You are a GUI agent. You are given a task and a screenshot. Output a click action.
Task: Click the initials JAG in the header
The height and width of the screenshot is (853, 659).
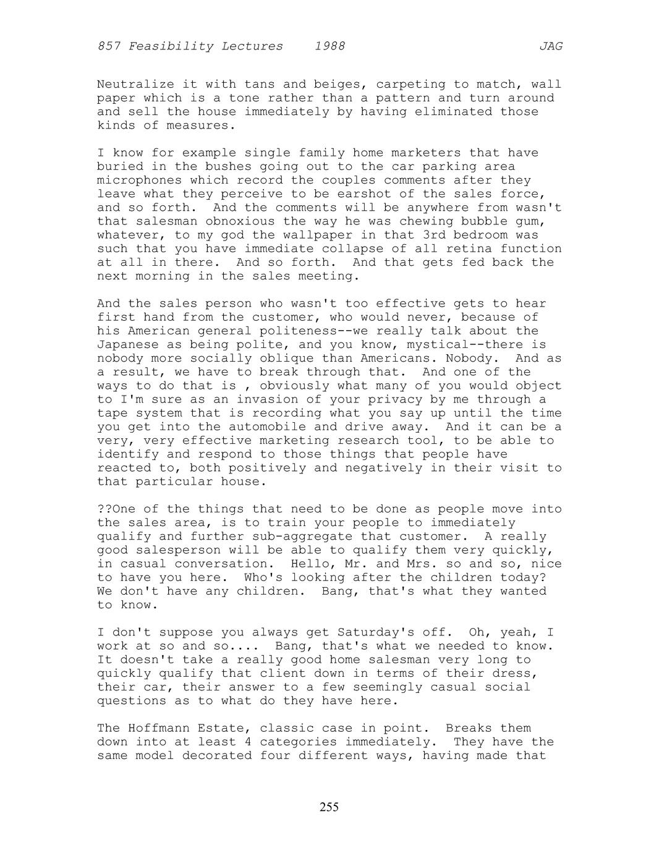[551, 46]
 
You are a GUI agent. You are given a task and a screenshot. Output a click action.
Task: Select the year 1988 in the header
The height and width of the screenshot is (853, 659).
[329, 46]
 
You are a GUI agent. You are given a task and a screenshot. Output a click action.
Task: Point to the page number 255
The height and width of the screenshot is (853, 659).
[329, 807]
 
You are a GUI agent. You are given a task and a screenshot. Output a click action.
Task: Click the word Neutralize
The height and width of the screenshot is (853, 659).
[135, 84]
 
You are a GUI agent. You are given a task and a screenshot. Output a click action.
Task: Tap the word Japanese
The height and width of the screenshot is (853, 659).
[127, 344]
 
